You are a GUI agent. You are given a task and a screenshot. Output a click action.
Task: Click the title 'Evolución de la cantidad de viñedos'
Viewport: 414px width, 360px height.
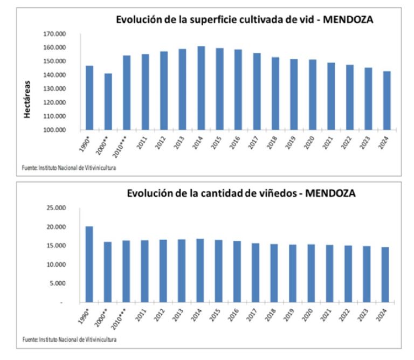[241, 193]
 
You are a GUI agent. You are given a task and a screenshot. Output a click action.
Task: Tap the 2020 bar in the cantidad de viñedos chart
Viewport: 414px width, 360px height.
[310, 273]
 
